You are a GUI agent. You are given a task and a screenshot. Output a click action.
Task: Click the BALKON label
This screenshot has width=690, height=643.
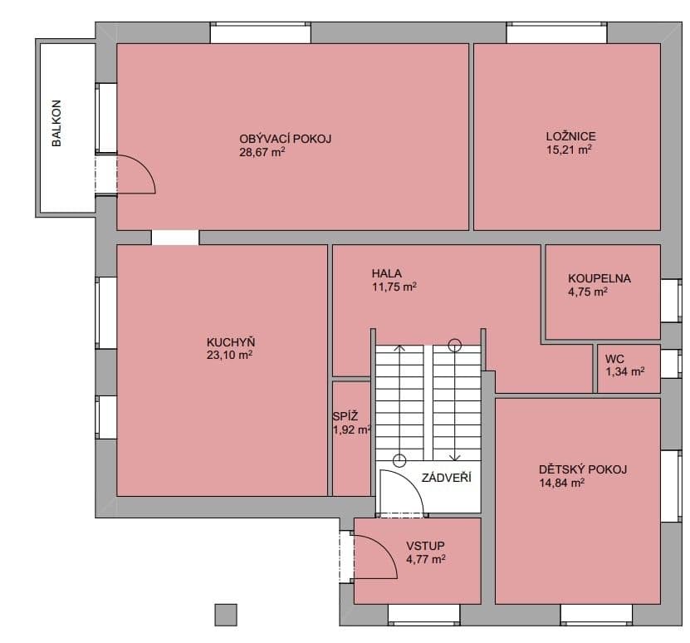(56, 123)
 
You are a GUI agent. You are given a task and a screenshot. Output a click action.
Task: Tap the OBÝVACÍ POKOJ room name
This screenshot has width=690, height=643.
(285, 139)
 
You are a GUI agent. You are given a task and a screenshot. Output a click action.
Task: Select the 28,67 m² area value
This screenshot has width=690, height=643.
(262, 152)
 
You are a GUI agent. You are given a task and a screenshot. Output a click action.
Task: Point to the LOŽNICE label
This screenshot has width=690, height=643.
(570, 136)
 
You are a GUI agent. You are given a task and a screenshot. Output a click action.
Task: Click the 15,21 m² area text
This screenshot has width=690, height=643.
(569, 150)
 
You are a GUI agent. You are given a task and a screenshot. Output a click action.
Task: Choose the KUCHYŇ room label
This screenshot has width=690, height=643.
(231, 341)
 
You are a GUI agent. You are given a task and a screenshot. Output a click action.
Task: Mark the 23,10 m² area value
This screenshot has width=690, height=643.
(229, 355)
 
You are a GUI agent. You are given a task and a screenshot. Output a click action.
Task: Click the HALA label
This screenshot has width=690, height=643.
(386, 273)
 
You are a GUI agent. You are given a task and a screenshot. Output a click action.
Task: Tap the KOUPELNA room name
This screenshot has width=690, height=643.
(599, 278)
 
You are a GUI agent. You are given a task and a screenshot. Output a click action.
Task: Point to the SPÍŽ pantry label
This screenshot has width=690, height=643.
(345, 415)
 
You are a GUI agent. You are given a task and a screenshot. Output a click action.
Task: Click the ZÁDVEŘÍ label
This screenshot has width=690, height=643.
(446, 478)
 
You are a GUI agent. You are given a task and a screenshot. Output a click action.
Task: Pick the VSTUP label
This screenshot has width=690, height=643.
(425, 546)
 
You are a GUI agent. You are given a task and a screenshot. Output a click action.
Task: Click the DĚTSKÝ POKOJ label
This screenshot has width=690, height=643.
(583, 469)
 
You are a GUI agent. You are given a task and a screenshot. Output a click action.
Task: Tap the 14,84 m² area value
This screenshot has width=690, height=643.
(561, 483)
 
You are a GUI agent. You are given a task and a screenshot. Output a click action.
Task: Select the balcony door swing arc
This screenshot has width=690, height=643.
(144, 167)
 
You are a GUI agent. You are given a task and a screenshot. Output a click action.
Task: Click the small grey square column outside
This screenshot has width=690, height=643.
(226, 615)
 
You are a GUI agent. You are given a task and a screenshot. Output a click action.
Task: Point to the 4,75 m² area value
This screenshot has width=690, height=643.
(588, 292)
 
